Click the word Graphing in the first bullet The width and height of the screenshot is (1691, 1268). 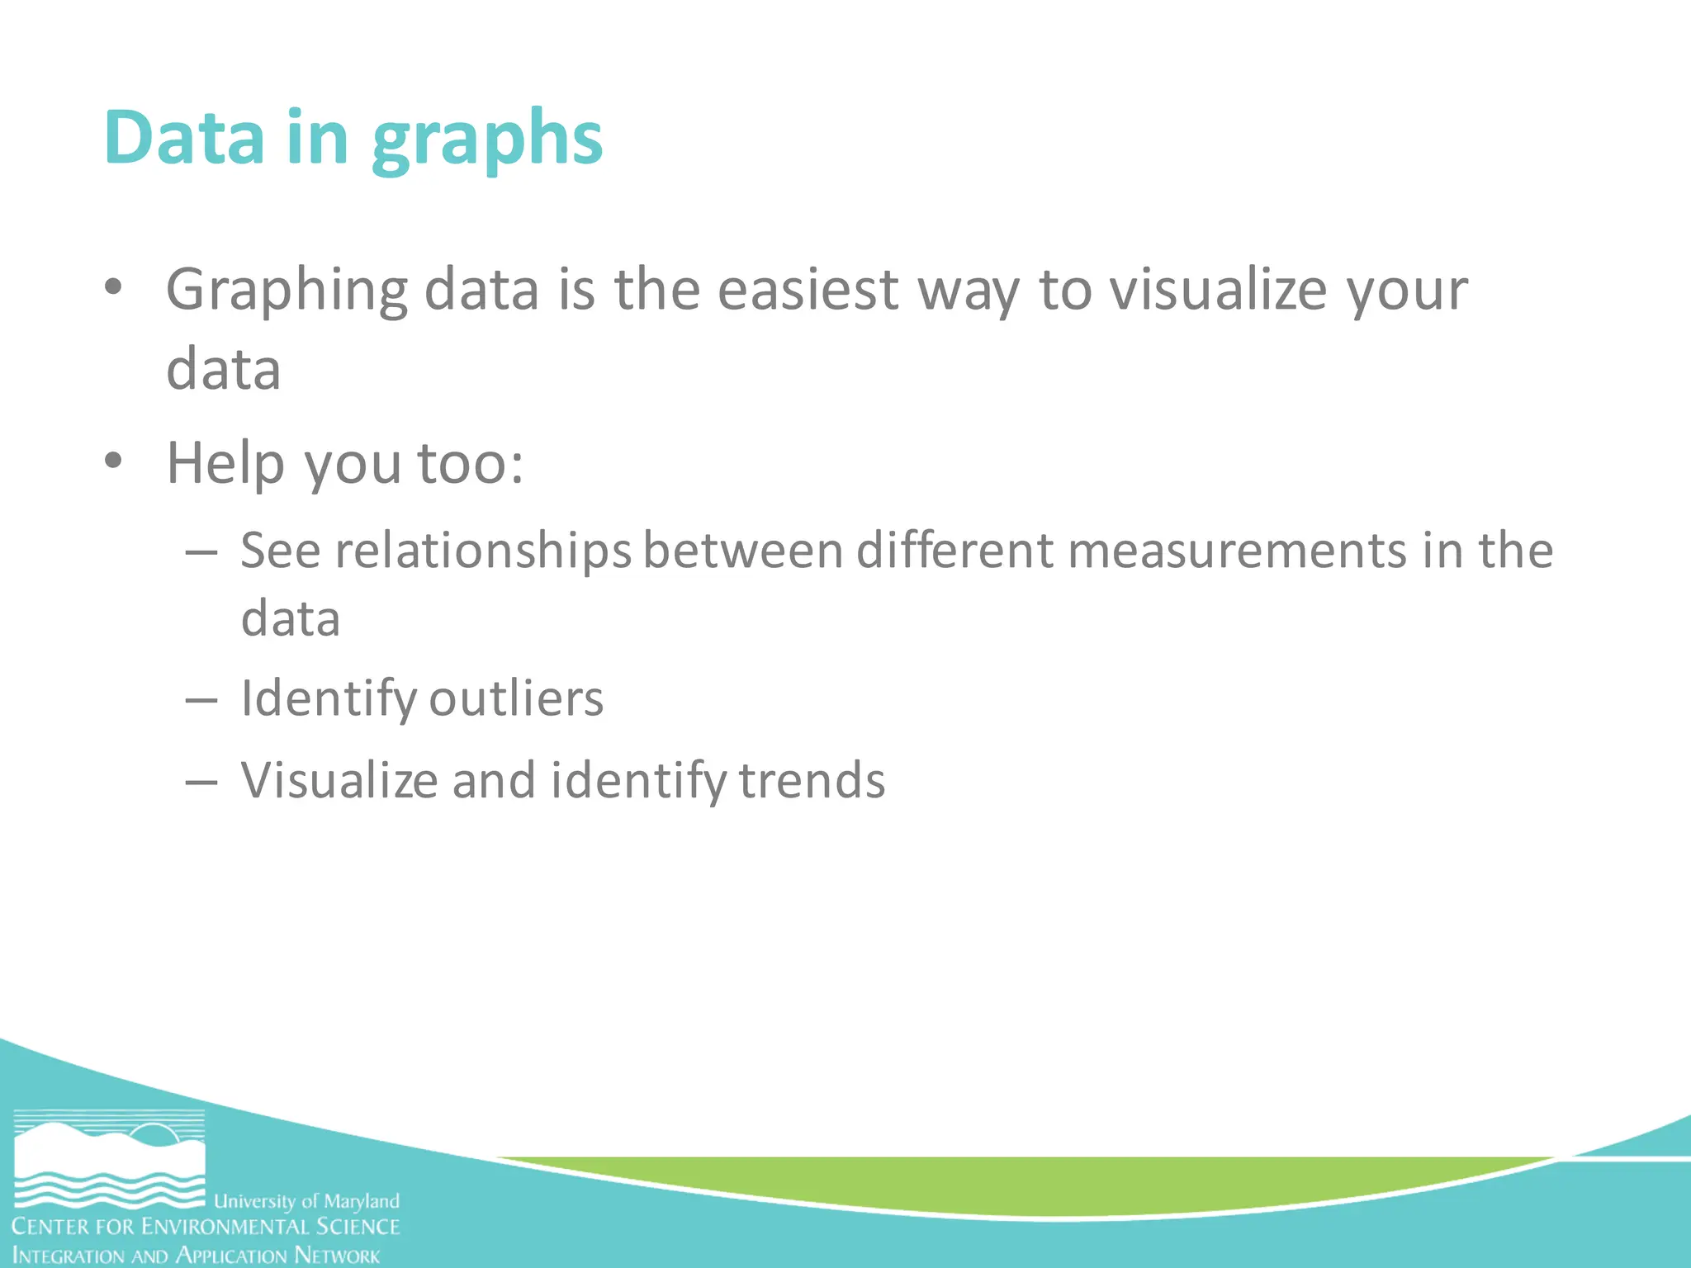[287, 291]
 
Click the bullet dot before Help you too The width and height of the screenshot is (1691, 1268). [113, 461]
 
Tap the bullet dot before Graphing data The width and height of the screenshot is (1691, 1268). [113, 287]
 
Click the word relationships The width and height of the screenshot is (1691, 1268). [482, 551]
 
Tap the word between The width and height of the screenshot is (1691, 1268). [742, 551]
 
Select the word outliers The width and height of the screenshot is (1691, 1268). [516, 698]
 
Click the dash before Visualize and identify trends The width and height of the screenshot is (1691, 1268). [201, 781]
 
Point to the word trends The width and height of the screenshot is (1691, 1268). [812, 780]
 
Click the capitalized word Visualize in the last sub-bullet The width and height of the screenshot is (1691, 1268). [339, 780]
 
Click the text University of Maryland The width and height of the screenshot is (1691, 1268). [306, 1201]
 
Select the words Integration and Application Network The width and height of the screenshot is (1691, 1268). [196, 1256]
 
